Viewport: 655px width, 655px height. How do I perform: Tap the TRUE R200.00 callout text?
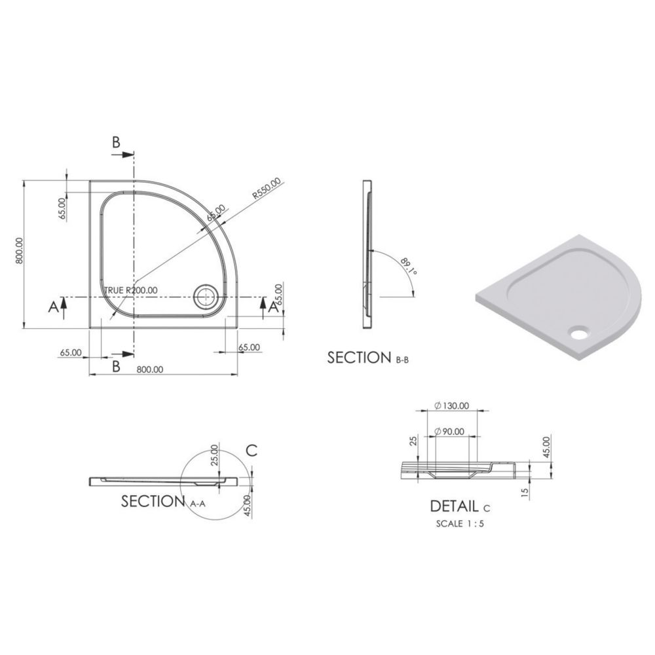131,290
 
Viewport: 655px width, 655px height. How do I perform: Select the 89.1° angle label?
409,267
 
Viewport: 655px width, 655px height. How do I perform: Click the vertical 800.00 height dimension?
18,251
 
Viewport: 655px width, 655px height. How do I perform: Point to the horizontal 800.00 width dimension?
150,369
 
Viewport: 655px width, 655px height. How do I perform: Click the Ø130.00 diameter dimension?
451,405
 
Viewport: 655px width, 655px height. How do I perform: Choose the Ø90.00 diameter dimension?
449,432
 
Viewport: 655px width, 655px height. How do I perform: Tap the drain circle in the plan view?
205,297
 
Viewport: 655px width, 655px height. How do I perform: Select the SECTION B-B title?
368,358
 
